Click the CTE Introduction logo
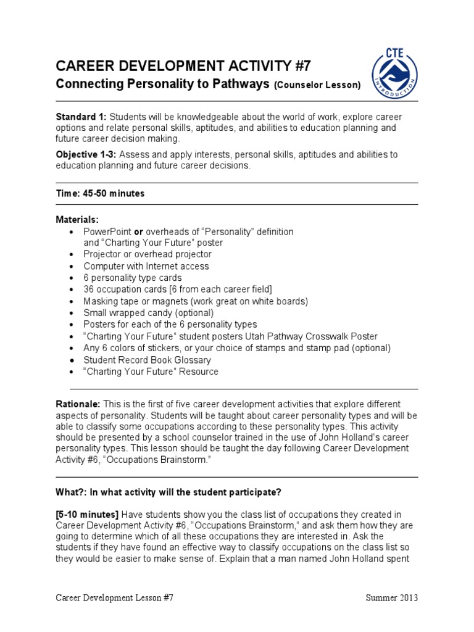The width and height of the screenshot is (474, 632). (x=395, y=73)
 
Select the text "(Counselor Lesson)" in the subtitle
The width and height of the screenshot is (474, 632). (x=317, y=85)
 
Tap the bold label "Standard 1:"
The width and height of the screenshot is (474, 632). (x=81, y=117)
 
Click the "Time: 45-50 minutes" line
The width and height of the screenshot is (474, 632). (x=100, y=193)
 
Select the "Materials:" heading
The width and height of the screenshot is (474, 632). (x=77, y=220)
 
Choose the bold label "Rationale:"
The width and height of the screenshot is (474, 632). (x=78, y=404)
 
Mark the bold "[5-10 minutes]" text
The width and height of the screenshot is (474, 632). (x=87, y=515)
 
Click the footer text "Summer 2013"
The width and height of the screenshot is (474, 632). (x=391, y=598)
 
